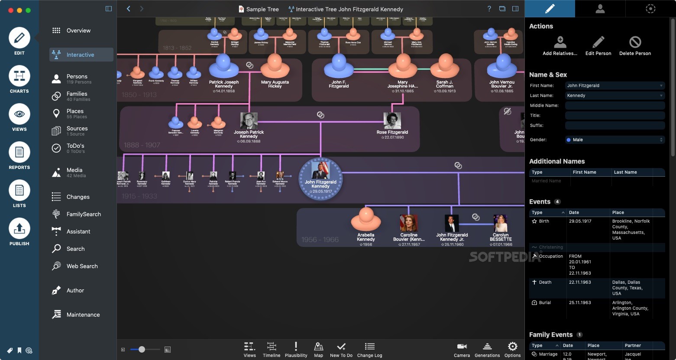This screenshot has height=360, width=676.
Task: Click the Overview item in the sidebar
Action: pos(78,31)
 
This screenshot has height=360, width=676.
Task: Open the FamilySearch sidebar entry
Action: pos(83,214)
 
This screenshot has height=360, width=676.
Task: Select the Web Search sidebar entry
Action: pos(82,266)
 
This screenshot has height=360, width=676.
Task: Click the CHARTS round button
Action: pos(19,77)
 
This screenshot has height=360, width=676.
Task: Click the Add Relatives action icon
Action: pos(560,42)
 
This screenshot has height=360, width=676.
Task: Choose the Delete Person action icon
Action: pos(635,42)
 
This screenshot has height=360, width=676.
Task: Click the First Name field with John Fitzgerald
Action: pos(614,86)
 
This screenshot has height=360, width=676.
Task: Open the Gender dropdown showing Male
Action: pos(614,140)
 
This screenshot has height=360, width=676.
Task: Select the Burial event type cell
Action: pos(545,303)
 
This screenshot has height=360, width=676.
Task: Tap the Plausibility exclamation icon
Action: pos(296,347)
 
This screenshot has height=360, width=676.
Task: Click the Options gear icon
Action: pos(512,347)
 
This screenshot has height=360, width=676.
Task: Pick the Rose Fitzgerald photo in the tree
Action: pos(392,121)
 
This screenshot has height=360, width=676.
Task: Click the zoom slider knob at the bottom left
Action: pos(142,350)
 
